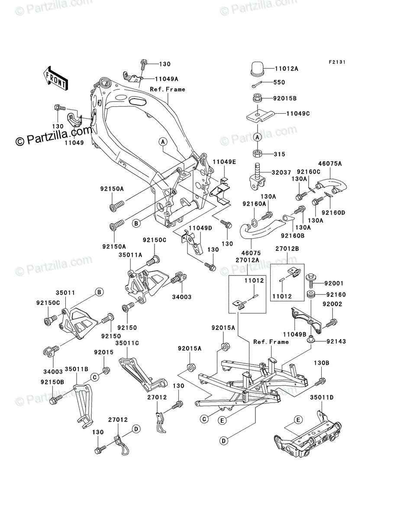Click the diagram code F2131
point(337,62)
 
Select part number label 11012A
point(287,69)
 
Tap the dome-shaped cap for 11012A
point(258,69)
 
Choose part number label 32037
point(281,173)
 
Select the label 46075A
point(330,163)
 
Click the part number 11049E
point(224,162)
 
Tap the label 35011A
point(130,255)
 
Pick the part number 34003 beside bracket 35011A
point(182,297)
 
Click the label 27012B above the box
point(287,249)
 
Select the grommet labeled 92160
point(311,295)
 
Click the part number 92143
point(336,341)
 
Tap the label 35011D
point(322,398)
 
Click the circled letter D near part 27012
point(136,429)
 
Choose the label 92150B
point(52,382)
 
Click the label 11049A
point(167,79)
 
